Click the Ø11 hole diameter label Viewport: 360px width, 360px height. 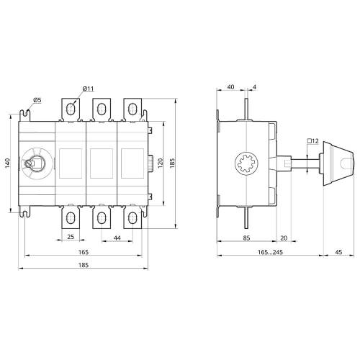pyautogui.click(x=88, y=89)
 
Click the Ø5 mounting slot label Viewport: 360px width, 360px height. pyautogui.click(x=37, y=100)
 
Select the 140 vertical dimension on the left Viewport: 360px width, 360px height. pyautogui.click(x=8, y=163)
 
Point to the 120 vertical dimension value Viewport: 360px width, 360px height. pyautogui.click(x=161, y=163)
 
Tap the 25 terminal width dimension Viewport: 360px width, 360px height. pyautogui.click(x=71, y=237)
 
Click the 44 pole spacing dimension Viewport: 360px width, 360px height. pyautogui.click(x=117, y=238)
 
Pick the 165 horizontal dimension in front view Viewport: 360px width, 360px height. pyautogui.click(x=84, y=252)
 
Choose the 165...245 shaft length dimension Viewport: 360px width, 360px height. pyautogui.click(x=270, y=252)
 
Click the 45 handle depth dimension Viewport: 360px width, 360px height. pyautogui.click(x=338, y=252)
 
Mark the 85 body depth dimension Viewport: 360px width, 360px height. pyautogui.click(x=246, y=238)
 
